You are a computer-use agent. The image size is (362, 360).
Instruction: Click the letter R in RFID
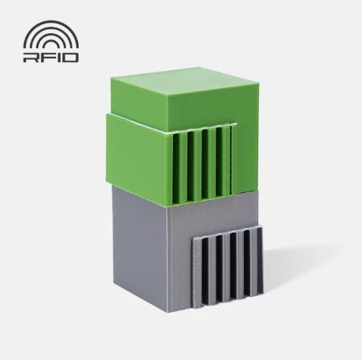tap(31, 58)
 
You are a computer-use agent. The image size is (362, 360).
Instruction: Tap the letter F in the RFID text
tap(47, 58)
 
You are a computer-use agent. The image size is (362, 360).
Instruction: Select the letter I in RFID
tap(56, 58)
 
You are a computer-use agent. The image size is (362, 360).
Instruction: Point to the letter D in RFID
tap(68, 58)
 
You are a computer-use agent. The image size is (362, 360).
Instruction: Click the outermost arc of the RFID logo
tap(51, 21)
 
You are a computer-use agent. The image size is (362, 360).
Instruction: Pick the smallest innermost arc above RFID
tap(51, 43)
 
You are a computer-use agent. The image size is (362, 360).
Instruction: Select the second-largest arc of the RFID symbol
tap(51, 28)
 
